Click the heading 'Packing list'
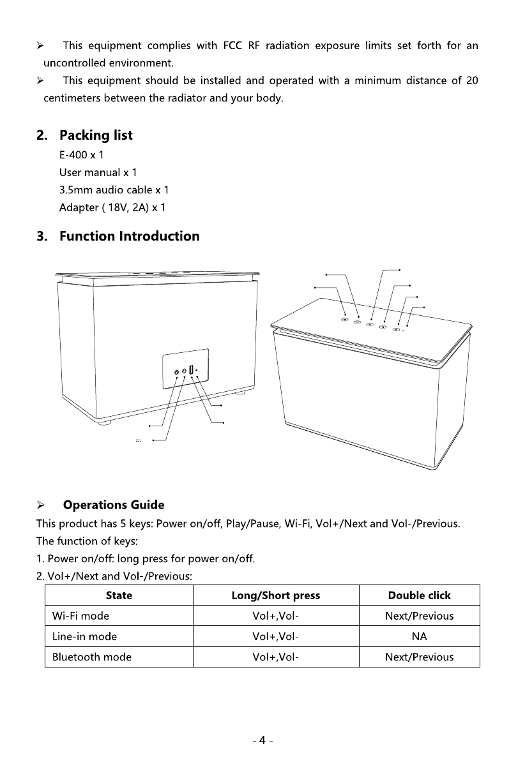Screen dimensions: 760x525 click(96, 135)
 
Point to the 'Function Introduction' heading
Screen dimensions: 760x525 click(129, 236)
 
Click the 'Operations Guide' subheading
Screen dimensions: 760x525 click(113, 505)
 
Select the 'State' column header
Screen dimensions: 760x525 click(119, 595)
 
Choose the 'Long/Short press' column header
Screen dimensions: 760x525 click(275, 595)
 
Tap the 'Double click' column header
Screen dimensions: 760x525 click(419, 595)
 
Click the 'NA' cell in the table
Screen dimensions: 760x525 click(419, 636)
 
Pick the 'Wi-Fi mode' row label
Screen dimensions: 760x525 click(80, 616)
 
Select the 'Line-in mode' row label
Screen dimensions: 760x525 click(84, 636)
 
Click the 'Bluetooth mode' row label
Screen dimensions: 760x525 click(92, 657)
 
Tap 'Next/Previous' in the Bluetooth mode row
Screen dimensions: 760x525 click(419, 657)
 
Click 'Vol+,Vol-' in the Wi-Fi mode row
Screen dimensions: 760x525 click(275, 616)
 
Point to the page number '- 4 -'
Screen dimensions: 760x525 click(262, 741)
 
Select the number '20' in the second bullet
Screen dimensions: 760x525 click(472, 80)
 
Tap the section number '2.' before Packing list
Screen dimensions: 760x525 click(42, 135)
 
